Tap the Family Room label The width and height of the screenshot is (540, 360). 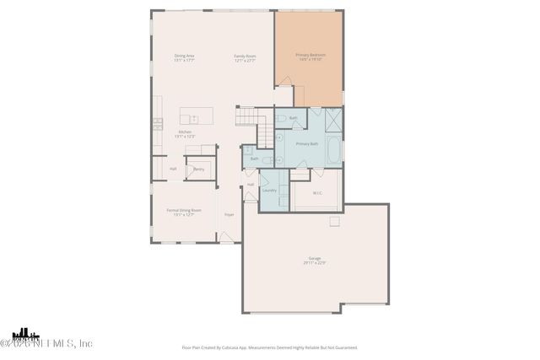pyautogui.click(x=245, y=56)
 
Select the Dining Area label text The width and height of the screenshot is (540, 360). pyautogui.click(x=184, y=56)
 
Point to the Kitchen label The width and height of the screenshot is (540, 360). pyautogui.click(x=184, y=132)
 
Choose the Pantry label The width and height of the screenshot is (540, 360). pyautogui.click(x=198, y=169)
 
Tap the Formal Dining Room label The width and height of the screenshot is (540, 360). pyautogui.click(x=184, y=210)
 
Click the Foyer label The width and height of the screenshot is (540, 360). pyautogui.click(x=229, y=215)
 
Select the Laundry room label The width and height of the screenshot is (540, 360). pyautogui.click(x=269, y=190)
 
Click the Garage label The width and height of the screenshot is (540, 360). pyautogui.click(x=314, y=260)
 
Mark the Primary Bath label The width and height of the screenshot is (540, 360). pyautogui.click(x=306, y=143)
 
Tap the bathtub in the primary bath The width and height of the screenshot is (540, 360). pyautogui.click(x=333, y=152)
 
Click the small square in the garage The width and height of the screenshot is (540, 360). pyautogui.click(x=334, y=222)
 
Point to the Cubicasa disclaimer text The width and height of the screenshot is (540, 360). pyautogui.click(x=269, y=347)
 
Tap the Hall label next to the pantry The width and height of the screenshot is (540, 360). pyautogui.click(x=173, y=169)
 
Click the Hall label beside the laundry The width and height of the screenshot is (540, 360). pyautogui.click(x=251, y=184)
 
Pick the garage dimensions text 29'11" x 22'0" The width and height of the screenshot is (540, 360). pyautogui.click(x=314, y=264)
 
